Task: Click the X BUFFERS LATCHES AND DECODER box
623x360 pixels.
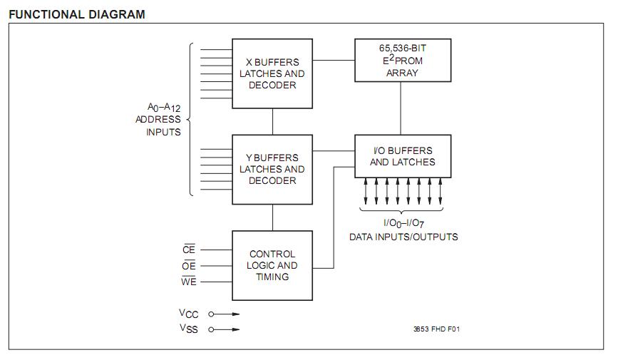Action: pyautogui.click(x=272, y=73)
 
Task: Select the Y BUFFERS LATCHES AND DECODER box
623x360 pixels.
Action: pyautogui.click(x=272, y=169)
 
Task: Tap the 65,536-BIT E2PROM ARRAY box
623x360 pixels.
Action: pyautogui.click(x=402, y=61)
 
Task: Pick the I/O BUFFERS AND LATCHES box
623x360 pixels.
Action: pyautogui.click(x=402, y=156)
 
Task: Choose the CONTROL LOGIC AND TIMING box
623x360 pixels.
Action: pyautogui.click(x=272, y=265)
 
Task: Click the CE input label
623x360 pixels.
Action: pyautogui.click(x=189, y=250)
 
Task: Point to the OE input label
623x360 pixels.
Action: pyautogui.click(x=189, y=265)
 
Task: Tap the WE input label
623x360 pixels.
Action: pyautogui.click(x=189, y=282)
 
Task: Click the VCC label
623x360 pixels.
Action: pyautogui.click(x=188, y=314)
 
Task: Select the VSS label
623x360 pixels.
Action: pyautogui.click(x=188, y=329)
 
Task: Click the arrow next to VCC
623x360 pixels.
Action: pyautogui.click(x=225, y=314)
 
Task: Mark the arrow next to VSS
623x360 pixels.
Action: pyautogui.click(x=225, y=329)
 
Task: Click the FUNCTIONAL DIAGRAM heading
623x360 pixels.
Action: pyautogui.click(x=77, y=14)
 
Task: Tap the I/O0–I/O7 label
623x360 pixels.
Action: pyautogui.click(x=403, y=224)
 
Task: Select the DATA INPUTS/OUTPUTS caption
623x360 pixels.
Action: pyautogui.click(x=403, y=237)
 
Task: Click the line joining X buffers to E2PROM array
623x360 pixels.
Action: pyautogui.click(x=334, y=61)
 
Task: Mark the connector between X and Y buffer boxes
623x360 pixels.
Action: pyautogui.click(x=272, y=121)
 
